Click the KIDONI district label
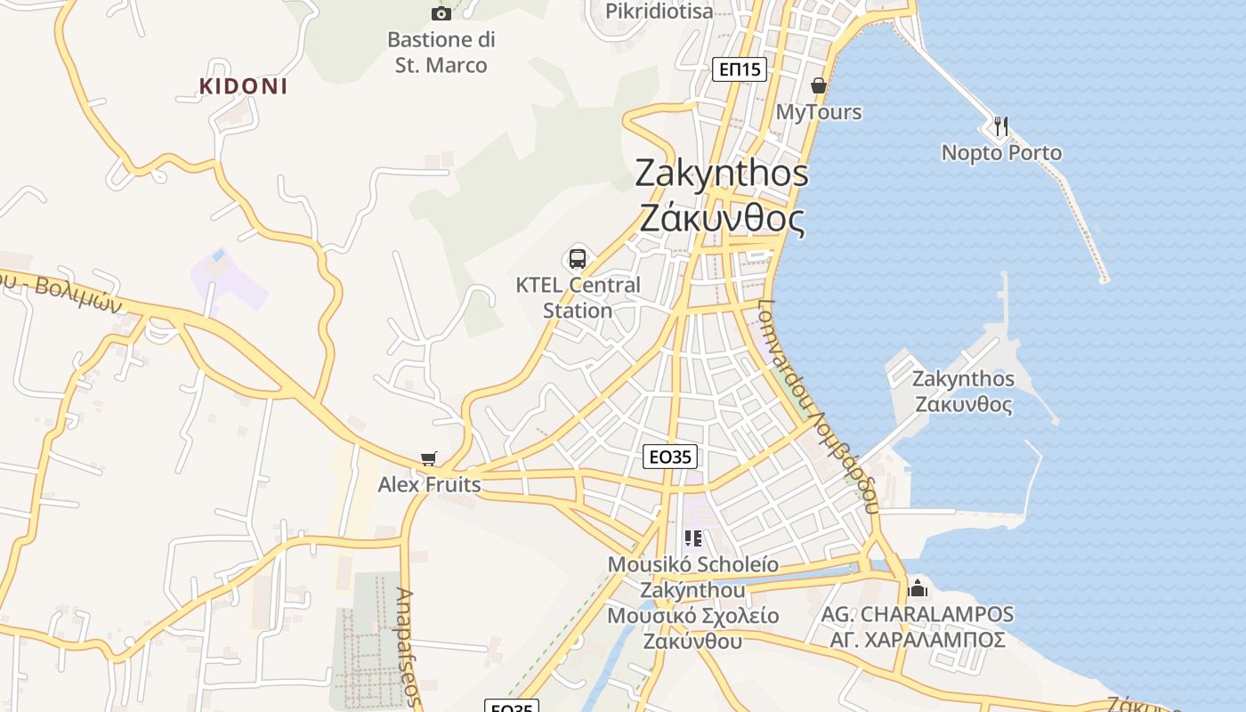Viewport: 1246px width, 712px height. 243,86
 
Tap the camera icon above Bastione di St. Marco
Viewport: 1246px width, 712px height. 441,12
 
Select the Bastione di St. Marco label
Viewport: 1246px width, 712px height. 441,53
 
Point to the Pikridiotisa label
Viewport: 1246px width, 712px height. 659,11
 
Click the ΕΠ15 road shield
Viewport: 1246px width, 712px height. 740,69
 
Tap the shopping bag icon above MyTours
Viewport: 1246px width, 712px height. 819,85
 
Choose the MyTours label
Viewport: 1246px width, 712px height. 819,112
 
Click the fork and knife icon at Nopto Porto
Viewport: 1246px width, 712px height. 1001,126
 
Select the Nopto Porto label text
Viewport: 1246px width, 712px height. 1001,153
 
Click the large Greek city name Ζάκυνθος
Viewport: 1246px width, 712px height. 722,218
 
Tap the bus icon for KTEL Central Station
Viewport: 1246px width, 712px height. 578,259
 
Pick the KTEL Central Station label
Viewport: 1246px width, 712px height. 578,298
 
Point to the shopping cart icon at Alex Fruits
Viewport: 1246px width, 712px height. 429,458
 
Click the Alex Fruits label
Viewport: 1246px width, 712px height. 429,485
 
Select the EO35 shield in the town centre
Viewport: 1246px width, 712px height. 669,457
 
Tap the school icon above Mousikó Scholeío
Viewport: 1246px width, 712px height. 692,538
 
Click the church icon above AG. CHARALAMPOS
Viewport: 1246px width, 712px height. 917,588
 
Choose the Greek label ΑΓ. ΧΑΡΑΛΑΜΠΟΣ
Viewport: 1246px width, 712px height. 918,640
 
